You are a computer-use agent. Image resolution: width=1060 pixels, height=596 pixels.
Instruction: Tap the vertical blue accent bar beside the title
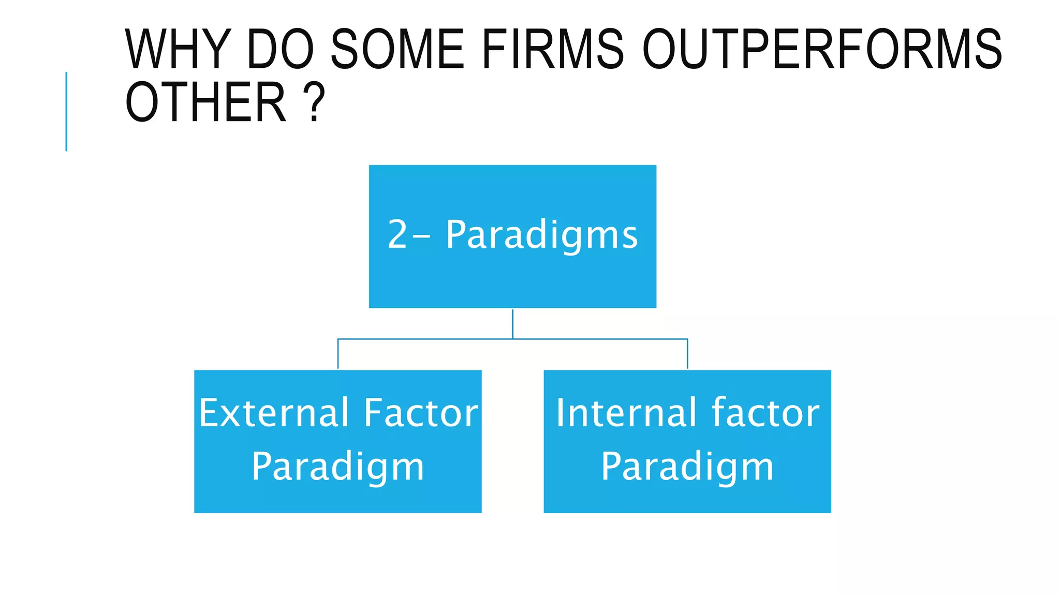click(66, 111)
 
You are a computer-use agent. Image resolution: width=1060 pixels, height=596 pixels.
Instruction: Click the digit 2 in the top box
click(397, 235)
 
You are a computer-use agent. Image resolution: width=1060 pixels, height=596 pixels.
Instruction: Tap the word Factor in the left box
click(420, 413)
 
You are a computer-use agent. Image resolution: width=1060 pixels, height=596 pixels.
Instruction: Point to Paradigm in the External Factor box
click(337, 467)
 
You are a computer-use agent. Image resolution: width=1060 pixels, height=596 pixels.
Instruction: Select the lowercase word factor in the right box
click(765, 413)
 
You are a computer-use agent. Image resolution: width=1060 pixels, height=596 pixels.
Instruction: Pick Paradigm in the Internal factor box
click(687, 467)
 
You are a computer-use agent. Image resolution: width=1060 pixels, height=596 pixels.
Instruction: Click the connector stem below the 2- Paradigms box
click(512, 324)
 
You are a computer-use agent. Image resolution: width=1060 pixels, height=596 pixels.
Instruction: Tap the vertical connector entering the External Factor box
click(338, 354)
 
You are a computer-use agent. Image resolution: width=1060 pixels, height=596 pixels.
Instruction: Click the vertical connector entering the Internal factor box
click(687, 354)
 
